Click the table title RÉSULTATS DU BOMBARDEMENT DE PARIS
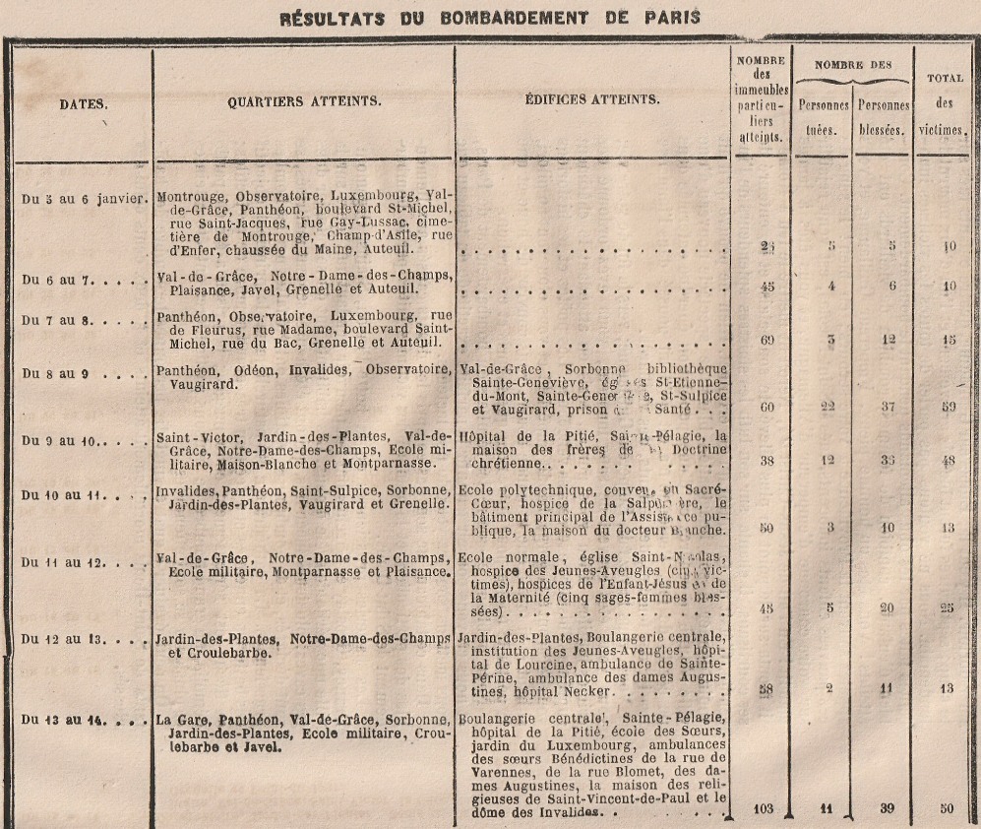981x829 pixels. pyautogui.click(x=489, y=17)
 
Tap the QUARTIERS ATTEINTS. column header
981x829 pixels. pyautogui.click(x=304, y=100)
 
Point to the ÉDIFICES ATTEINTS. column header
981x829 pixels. pyautogui.click(x=593, y=99)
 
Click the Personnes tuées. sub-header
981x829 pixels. pyautogui.click(x=823, y=116)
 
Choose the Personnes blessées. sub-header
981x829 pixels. pyautogui.click(x=882, y=116)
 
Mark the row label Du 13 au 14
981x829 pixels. pyautogui.click(x=75, y=719)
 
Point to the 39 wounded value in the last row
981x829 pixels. pyautogui.click(x=888, y=809)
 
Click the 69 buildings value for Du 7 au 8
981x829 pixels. pyautogui.click(x=768, y=340)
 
